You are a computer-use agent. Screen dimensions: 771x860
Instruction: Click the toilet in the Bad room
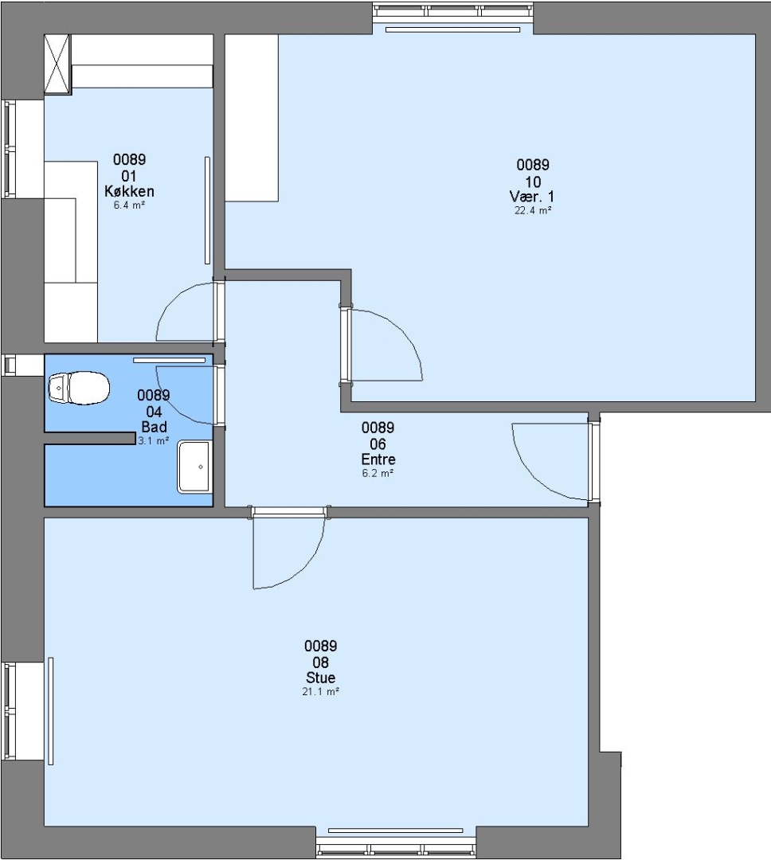(x=79, y=388)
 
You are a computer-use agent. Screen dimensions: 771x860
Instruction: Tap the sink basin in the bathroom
(x=194, y=467)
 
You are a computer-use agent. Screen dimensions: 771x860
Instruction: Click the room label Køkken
(x=130, y=191)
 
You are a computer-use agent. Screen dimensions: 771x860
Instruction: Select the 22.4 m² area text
(x=533, y=210)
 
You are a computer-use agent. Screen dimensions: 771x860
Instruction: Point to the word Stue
(x=320, y=678)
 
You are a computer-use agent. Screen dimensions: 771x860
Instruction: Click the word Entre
(x=378, y=459)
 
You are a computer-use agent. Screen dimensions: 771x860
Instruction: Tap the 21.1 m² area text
(x=320, y=692)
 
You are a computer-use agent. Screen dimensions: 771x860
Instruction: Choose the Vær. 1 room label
(x=532, y=197)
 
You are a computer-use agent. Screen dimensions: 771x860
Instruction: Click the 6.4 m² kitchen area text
(x=130, y=205)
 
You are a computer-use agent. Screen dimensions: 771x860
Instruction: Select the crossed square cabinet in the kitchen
(x=57, y=64)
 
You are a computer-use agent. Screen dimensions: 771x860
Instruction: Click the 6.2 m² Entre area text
(x=378, y=473)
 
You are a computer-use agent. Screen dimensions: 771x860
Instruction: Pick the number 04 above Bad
(x=155, y=412)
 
